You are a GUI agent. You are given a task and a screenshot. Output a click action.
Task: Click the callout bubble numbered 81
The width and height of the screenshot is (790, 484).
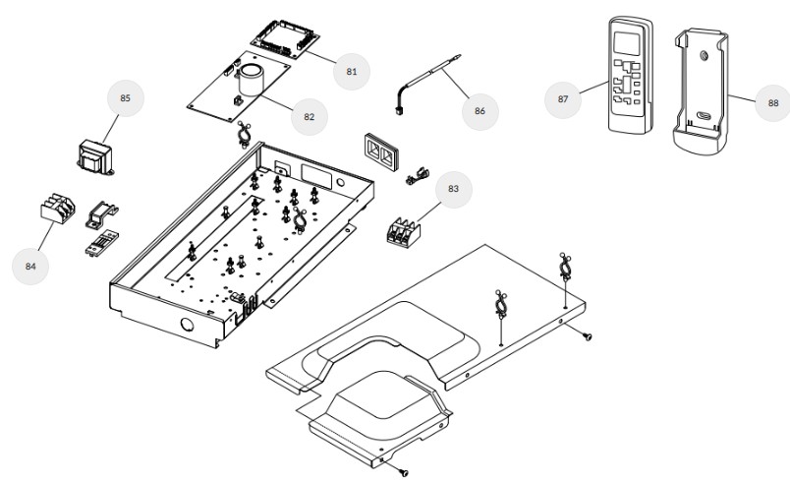click(x=352, y=71)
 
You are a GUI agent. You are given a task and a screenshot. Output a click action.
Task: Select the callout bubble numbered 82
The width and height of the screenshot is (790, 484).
click(x=309, y=116)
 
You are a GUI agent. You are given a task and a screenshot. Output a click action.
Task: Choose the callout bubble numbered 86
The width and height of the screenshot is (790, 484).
click(x=480, y=110)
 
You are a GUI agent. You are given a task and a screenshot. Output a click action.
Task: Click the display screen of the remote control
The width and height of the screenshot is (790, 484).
click(x=626, y=43)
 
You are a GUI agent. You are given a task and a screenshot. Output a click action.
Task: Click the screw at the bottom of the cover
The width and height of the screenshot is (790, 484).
click(x=404, y=473)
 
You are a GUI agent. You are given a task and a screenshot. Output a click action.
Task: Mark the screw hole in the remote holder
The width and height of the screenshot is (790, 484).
click(x=705, y=56)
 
